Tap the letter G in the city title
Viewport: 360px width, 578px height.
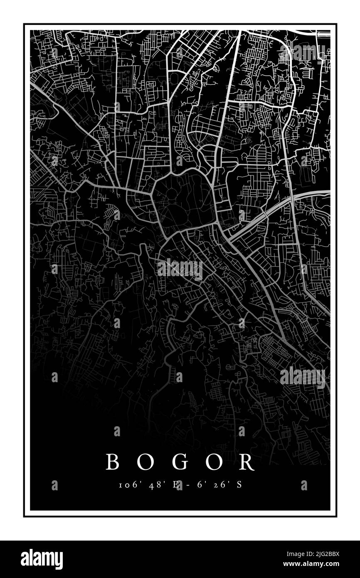click(x=180, y=462)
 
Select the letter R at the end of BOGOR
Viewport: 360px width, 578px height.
click(x=247, y=462)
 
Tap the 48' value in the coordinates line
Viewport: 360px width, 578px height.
click(x=157, y=485)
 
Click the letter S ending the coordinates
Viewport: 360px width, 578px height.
click(x=239, y=485)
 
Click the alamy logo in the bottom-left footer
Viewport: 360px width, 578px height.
click(x=42, y=559)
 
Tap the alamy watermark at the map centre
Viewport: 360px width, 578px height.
click(x=180, y=269)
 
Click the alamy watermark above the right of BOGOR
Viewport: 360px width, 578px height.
click(x=303, y=377)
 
